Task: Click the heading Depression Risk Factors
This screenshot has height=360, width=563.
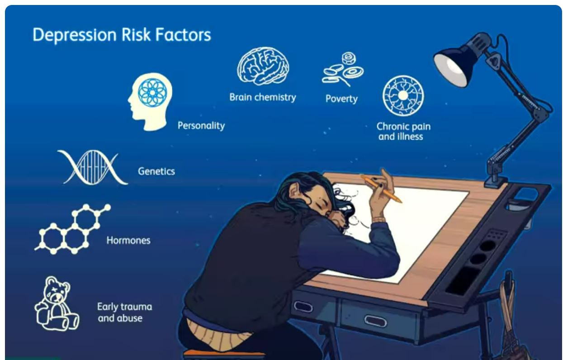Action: (122, 35)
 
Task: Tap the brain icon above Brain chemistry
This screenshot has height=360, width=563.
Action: (263, 66)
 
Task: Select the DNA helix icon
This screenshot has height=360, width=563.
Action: (93, 168)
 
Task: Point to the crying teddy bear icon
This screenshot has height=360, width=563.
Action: (57, 303)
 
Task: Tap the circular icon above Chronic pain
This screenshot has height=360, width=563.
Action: (403, 95)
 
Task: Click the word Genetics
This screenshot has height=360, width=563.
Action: (156, 172)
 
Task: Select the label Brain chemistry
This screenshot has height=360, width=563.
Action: (262, 97)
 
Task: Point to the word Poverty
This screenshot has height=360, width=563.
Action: (341, 99)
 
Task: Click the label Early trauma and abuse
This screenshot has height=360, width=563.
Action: (124, 312)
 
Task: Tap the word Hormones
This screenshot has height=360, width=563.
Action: (128, 241)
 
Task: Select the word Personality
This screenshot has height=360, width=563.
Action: (201, 126)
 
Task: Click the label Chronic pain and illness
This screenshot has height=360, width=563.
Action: (403, 131)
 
